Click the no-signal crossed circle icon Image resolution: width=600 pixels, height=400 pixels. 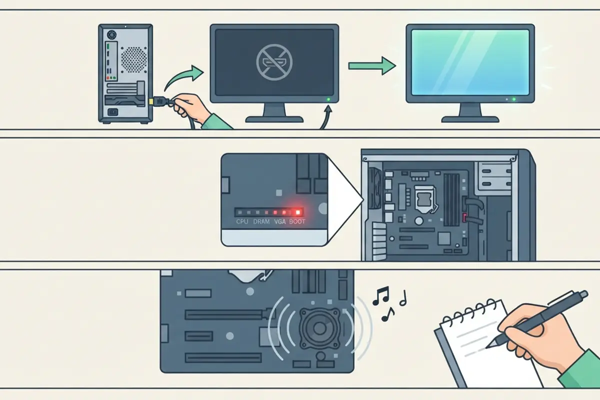(274, 62)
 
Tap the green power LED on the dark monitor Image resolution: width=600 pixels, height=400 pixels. (328, 99)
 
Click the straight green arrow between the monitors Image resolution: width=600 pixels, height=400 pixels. (372, 65)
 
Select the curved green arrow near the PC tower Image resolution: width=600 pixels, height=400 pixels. (184, 77)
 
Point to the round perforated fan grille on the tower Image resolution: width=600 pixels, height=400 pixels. (133, 59)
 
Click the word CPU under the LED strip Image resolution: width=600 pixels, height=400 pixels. (242, 221)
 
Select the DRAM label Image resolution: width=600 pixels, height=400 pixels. (261, 221)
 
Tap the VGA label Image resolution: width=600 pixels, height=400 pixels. (279, 221)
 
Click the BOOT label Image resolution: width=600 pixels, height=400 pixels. (297, 221)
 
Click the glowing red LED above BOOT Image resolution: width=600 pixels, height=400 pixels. (297, 212)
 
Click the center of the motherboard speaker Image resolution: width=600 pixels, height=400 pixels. (319, 328)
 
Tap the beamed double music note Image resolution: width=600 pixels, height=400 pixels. (381, 296)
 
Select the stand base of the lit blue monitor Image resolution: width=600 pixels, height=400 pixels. (470, 119)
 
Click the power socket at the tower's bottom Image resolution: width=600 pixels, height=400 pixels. (113, 112)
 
